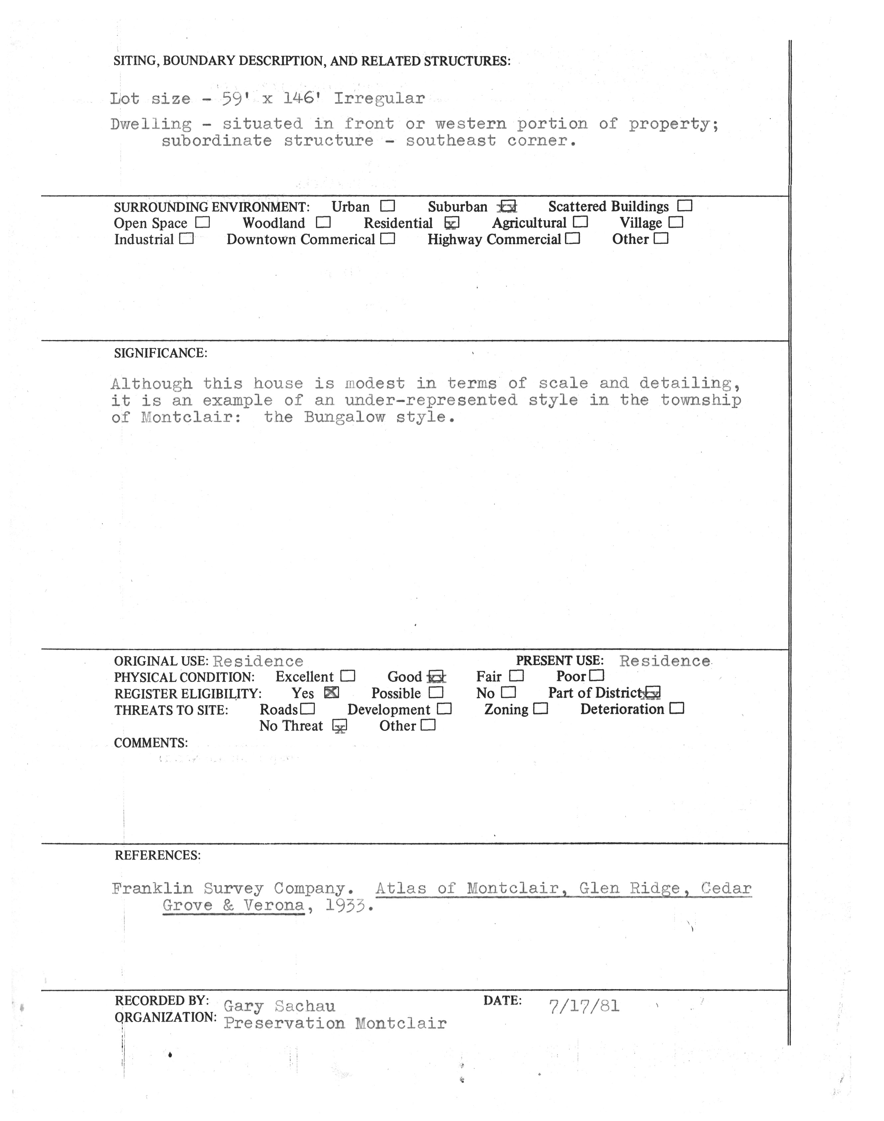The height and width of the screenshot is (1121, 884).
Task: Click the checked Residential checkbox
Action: pos(452,223)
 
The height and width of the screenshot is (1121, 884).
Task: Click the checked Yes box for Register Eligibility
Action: pos(331,693)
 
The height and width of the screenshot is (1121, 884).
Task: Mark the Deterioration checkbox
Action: pos(677,709)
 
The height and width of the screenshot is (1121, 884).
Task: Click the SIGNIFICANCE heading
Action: pos(160,353)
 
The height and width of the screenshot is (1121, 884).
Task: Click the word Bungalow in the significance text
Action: pos(344,417)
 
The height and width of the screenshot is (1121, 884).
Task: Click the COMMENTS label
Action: pos(151,743)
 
